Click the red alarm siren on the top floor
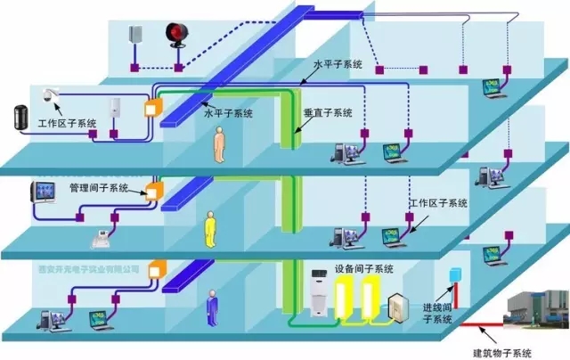[175, 35]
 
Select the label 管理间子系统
[100, 189]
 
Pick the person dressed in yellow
[210, 230]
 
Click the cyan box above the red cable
[457, 273]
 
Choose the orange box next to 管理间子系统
[155, 191]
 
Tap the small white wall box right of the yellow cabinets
[396, 304]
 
